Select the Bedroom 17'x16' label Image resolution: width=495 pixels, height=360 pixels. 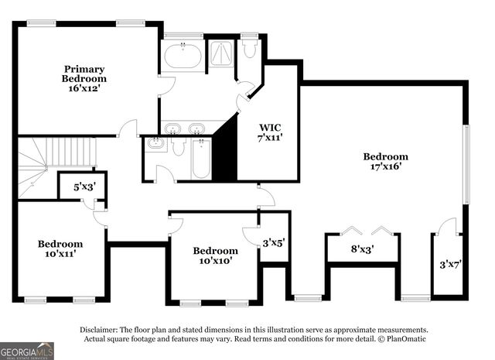[x=385, y=161]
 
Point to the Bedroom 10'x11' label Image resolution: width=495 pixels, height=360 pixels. [x=60, y=249]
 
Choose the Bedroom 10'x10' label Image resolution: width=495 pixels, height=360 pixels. [x=215, y=255]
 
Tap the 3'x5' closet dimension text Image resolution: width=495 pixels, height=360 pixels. [x=274, y=242]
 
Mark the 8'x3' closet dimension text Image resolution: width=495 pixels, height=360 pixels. [x=362, y=249]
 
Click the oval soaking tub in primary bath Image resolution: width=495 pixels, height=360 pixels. [x=183, y=56]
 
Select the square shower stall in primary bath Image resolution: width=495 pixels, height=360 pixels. [x=222, y=53]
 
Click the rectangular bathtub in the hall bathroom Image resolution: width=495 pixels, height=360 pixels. [x=201, y=158]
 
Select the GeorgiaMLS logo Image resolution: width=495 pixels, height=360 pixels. [x=27, y=351]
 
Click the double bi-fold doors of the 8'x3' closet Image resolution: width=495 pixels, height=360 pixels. [x=364, y=230]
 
